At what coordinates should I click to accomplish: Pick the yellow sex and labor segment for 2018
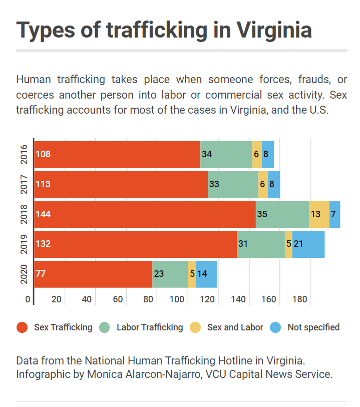click(319, 214)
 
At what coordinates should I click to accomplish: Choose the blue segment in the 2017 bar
click(274, 184)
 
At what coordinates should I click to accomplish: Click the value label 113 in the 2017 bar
click(43, 184)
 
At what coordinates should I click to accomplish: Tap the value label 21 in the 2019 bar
click(298, 244)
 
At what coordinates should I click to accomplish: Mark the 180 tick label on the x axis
click(299, 299)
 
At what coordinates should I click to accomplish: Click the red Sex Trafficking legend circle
click(22, 328)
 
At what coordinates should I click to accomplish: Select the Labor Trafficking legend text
click(150, 327)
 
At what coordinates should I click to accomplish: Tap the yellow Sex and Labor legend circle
click(195, 328)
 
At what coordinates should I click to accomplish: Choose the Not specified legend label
click(313, 327)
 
